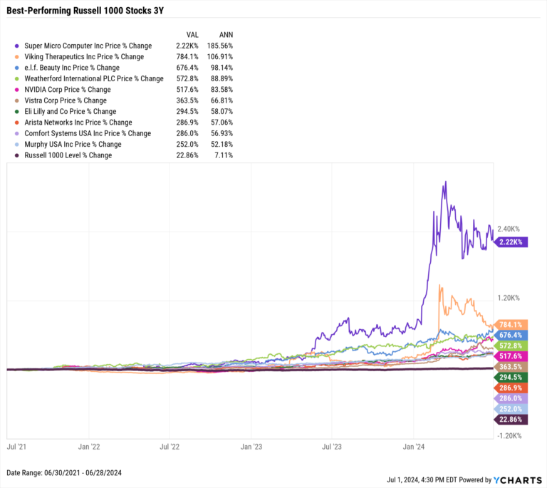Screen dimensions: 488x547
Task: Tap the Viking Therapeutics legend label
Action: click(x=84, y=56)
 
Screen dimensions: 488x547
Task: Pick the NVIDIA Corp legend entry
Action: click(x=68, y=89)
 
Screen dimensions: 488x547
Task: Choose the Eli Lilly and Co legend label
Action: click(x=70, y=111)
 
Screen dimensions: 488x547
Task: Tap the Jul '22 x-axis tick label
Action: click(x=170, y=448)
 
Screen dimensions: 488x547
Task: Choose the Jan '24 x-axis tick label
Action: click(x=415, y=448)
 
